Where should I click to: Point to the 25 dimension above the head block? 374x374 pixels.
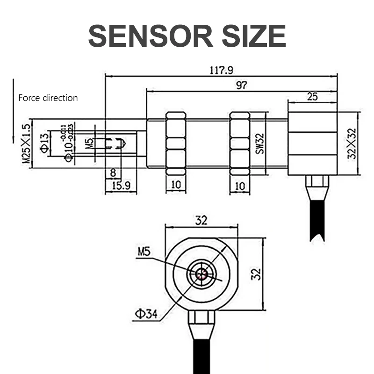point(312,97)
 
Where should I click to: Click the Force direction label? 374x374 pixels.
point(48,98)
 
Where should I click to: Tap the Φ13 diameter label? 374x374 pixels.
point(44,143)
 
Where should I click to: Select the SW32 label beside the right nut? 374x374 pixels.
point(260,143)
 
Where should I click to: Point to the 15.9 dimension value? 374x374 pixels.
point(119,186)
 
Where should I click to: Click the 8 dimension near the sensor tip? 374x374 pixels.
point(112,173)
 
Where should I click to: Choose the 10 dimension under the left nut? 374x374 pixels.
point(176,186)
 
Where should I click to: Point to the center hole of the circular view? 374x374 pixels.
point(201,274)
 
